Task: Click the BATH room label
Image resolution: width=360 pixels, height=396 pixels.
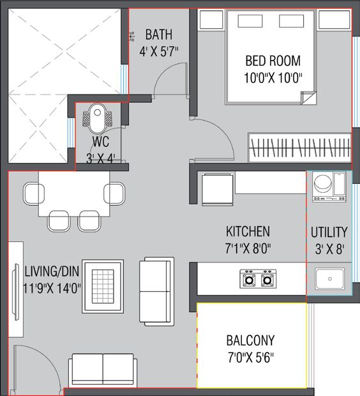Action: (x=159, y=34)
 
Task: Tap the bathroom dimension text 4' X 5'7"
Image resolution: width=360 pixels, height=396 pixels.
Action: (x=159, y=52)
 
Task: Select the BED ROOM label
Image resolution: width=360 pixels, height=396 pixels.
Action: (x=273, y=61)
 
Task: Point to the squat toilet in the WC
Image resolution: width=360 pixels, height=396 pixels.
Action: (x=98, y=118)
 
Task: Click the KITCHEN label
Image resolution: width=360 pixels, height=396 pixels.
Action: (x=248, y=231)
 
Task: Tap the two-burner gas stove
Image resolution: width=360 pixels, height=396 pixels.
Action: (x=258, y=279)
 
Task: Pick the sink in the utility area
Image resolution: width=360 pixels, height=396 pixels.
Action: (x=329, y=278)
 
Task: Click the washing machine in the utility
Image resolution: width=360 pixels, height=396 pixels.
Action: (x=329, y=187)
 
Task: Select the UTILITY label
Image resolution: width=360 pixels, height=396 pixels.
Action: (x=329, y=232)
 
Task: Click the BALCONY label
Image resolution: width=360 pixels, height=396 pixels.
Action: (x=250, y=340)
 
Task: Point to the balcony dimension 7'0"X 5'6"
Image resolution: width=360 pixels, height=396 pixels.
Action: (x=251, y=358)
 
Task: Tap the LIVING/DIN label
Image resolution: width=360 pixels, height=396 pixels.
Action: (x=52, y=271)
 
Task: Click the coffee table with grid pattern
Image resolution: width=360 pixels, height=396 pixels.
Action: (x=103, y=286)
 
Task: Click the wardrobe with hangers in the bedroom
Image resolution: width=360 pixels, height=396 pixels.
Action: (x=299, y=148)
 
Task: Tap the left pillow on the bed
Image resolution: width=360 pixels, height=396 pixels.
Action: (x=250, y=21)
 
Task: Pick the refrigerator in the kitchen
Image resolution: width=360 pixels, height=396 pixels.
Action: (x=218, y=190)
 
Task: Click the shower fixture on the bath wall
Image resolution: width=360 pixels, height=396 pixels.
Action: (x=131, y=36)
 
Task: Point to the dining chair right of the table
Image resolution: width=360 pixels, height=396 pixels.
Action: (x=114, y=194)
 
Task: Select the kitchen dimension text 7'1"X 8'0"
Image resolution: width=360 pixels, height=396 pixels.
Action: (x=248, y=248)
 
